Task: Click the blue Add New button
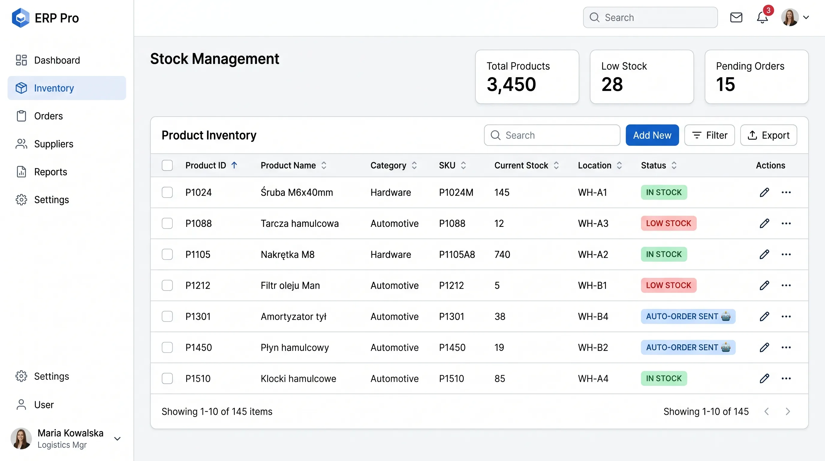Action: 652,135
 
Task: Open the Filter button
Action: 709,135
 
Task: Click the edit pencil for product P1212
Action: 764,285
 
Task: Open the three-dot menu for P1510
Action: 786,378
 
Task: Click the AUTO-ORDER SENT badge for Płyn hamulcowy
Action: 688,348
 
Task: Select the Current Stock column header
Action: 521,165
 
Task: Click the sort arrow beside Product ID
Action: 234,165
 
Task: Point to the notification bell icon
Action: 762,18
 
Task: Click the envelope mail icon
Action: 736,18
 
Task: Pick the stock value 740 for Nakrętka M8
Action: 502,255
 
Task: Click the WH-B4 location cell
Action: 593,316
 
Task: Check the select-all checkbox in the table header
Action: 167,165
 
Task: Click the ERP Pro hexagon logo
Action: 20,18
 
